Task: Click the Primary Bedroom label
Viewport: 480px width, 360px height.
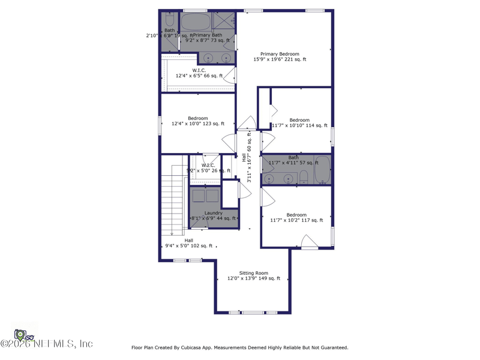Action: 280,54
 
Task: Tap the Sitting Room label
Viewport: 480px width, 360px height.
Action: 253,273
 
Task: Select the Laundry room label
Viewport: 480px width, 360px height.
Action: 213,213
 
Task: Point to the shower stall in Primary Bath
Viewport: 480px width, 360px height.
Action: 224,22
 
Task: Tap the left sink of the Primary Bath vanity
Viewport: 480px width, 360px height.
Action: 209,58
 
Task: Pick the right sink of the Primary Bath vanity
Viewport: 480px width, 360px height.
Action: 226,58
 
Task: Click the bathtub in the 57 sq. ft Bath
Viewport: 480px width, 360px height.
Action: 322,169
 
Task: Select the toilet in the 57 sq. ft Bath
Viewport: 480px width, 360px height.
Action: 304,176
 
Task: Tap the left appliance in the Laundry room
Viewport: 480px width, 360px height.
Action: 197,196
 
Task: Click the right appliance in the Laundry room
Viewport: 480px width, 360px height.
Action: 212,196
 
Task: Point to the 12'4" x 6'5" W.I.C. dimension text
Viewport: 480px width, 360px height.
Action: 199,76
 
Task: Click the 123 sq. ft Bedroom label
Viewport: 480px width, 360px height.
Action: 198,118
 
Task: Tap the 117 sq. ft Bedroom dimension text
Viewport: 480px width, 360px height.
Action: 296,221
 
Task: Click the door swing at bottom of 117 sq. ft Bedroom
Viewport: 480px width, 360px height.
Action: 309,242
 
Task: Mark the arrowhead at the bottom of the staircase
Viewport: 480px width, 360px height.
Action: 172,233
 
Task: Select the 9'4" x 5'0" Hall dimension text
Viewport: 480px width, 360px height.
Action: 189,245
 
